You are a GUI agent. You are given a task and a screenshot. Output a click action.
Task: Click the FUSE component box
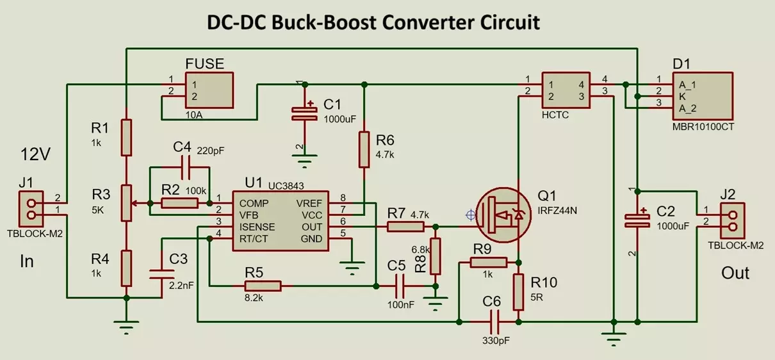coord(209,90)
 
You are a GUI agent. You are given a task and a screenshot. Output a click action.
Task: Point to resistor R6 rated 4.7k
coord(363,149)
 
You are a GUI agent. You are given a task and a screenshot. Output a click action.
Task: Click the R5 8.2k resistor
coord(263,286)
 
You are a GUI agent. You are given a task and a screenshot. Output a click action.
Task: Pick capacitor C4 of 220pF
coord(181,167)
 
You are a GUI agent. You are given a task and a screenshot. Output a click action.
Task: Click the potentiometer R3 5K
coord(127,203)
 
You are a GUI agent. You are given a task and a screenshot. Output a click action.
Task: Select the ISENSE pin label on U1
coord(257,227)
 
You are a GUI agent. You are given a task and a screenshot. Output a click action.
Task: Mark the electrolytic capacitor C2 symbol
coord(637,220)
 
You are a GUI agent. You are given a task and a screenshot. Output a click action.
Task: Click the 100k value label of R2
coord(195,191)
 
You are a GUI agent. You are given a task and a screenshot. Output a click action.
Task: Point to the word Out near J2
coord(735,273)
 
